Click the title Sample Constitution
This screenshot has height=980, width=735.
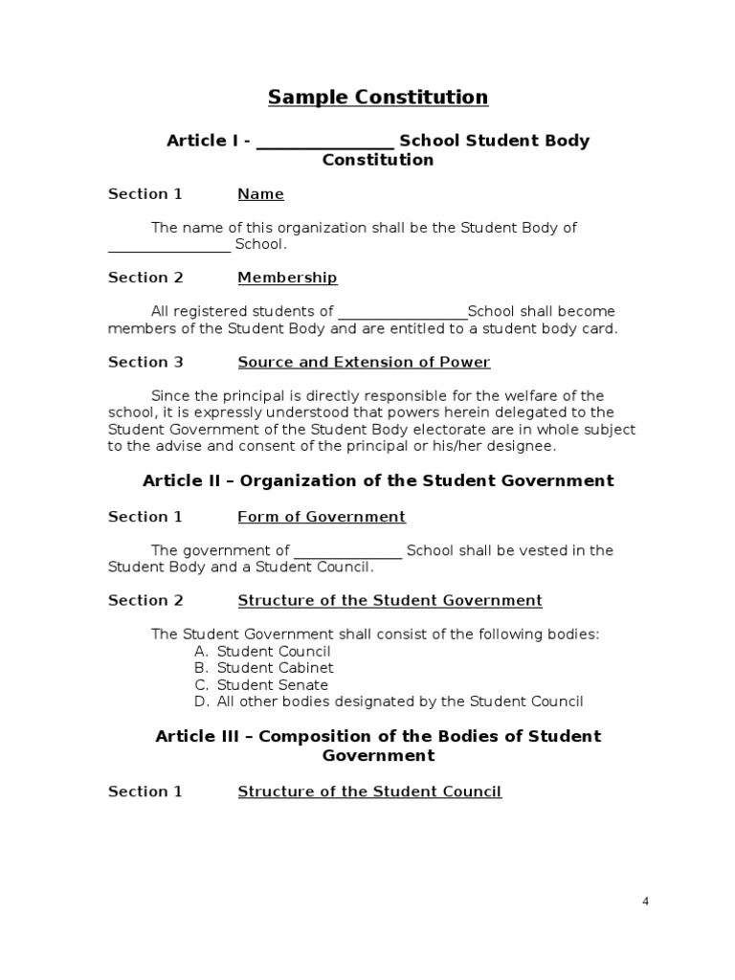tap(378, 97)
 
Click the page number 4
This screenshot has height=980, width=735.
tap(645, 901)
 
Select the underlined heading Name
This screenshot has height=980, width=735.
tap(260, 194)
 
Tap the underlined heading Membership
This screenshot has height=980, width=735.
tap(287, 278)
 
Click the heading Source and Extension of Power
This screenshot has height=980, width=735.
tap(364, 362)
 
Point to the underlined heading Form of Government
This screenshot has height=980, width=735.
tap(322, 517)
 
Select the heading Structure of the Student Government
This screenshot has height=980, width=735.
tap(390, 601)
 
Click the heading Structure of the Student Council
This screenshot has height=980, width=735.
tap(369, 791)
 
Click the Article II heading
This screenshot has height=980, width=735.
tap(378, 480)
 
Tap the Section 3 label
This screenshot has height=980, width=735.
tap(145, 362)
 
